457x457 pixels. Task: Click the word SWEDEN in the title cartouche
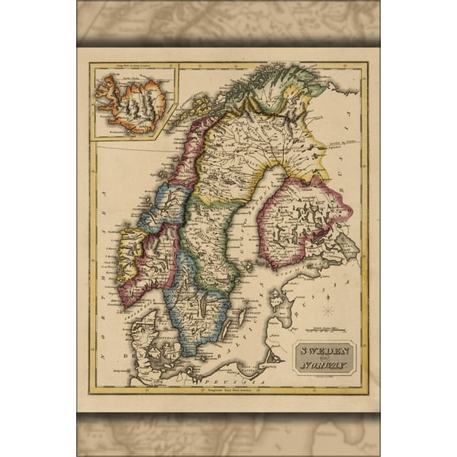(325, 351)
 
